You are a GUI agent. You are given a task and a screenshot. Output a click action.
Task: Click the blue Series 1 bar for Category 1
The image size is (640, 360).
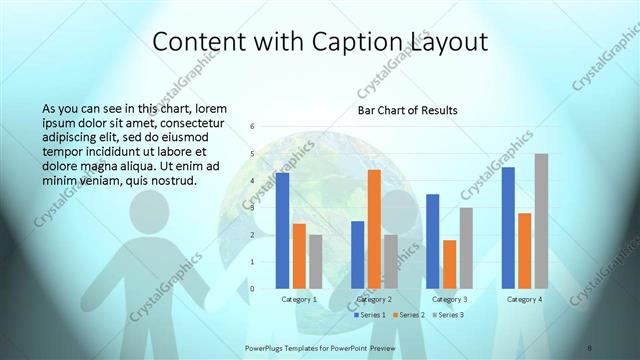(x=283, y=230)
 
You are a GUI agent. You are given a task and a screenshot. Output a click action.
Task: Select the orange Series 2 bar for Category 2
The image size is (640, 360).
(x=374, y=229)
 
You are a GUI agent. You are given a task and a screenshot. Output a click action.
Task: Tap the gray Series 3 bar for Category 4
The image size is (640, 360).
(x=541, y=221)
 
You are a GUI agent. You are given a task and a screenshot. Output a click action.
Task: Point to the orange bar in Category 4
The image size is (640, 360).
(x=525, y=250)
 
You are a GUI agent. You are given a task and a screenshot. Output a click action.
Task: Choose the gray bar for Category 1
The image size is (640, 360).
(x=315, y=261)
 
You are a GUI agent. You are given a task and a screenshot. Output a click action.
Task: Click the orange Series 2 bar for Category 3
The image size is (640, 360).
(x=449, y=264)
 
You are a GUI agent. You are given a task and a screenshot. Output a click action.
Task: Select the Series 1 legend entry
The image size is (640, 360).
(x=372, y=315)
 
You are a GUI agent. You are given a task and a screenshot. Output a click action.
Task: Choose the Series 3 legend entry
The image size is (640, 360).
(x=449, y=315)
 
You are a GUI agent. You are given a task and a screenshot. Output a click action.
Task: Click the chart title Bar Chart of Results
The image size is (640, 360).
(x=408, y=109)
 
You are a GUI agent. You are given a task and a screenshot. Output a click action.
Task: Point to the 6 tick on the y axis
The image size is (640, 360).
(x=252, y=127)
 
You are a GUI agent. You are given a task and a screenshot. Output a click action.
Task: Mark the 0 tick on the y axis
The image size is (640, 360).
(x=252, y=289)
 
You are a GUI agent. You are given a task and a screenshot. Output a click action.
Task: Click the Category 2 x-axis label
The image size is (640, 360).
(x=374, y=299)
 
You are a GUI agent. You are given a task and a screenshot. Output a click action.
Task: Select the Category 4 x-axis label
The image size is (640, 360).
(x=524, y=299)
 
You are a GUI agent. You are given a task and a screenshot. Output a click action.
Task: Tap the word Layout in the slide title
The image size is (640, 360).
(x=445, y=42)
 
